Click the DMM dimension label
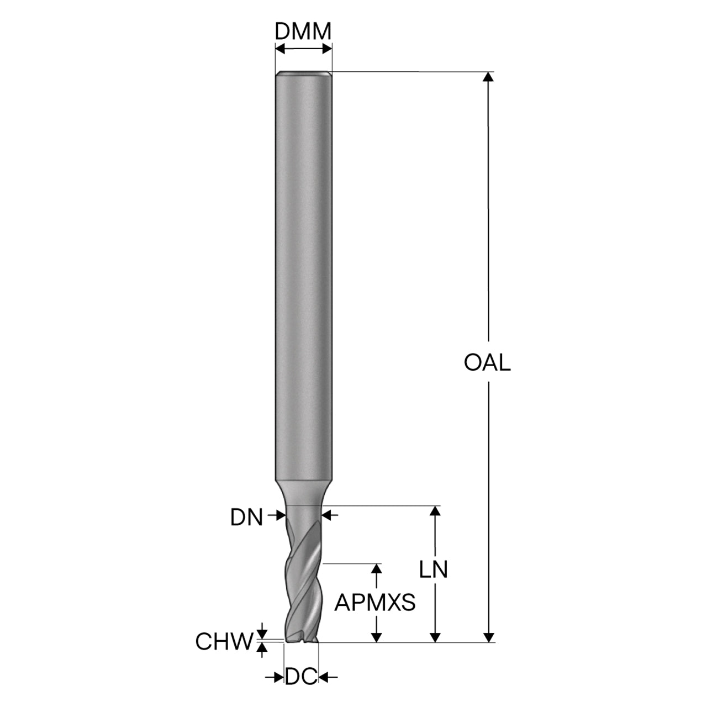coord(303,31)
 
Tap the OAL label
coord(487,363)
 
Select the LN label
coord(434,570)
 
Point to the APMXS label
coord(375,603)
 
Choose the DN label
coord(246,518)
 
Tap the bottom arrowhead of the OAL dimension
coord(488,637)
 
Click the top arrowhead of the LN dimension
coord(435,511)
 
